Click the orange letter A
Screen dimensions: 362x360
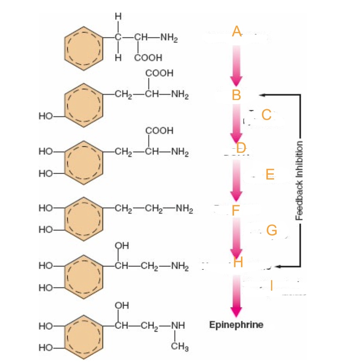pos(237,32)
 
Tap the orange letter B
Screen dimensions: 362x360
pos(236,95)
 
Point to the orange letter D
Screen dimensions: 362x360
pos(241,148)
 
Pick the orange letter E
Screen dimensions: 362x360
pos(270,174)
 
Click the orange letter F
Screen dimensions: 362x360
pos(236,211)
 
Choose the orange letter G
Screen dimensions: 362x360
pos(271,230)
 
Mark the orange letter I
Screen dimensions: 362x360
pos(271,285)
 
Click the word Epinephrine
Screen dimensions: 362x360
pos(236,324)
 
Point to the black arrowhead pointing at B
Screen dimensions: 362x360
pos(262,95)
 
